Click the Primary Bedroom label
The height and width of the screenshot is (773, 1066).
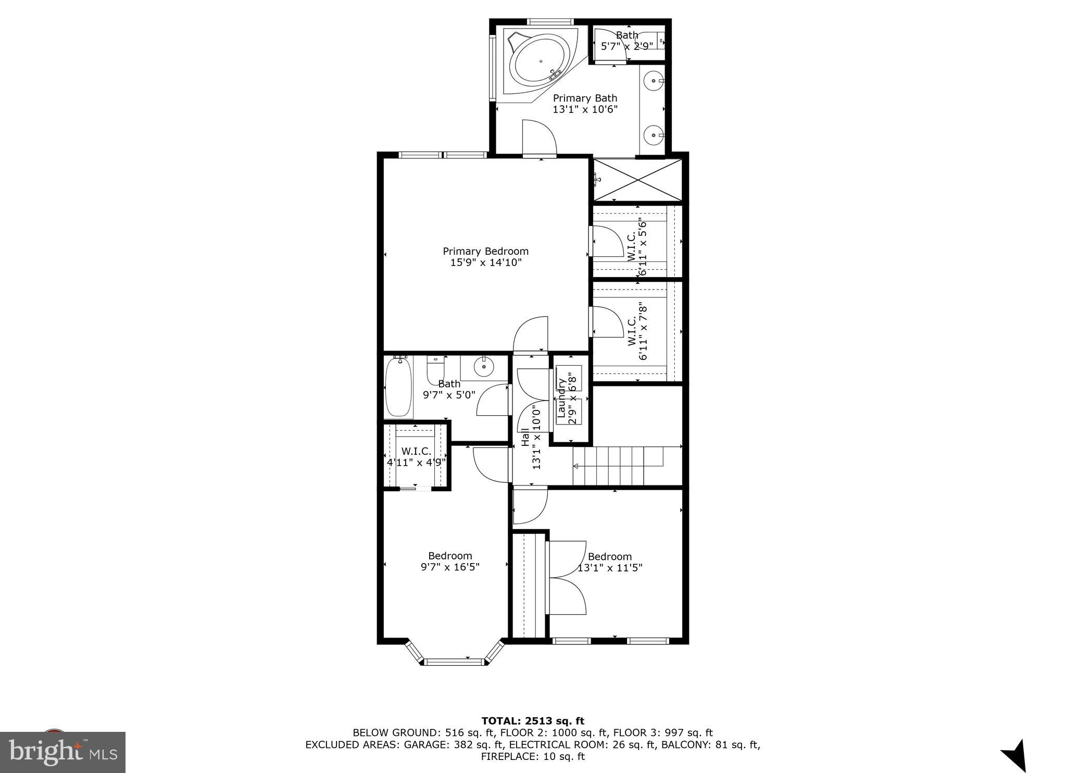485,251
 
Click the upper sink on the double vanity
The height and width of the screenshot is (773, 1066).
653,81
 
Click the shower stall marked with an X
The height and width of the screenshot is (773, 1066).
638,180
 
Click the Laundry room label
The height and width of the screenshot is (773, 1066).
567,398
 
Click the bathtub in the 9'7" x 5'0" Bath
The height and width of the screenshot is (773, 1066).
399,387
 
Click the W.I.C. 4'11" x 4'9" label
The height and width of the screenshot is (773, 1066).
416,457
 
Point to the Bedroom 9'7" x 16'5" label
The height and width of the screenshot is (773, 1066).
450,561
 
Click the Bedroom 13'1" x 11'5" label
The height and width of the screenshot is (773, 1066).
610,562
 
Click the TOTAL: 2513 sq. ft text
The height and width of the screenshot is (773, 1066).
532,721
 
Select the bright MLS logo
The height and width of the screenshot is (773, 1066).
62,752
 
